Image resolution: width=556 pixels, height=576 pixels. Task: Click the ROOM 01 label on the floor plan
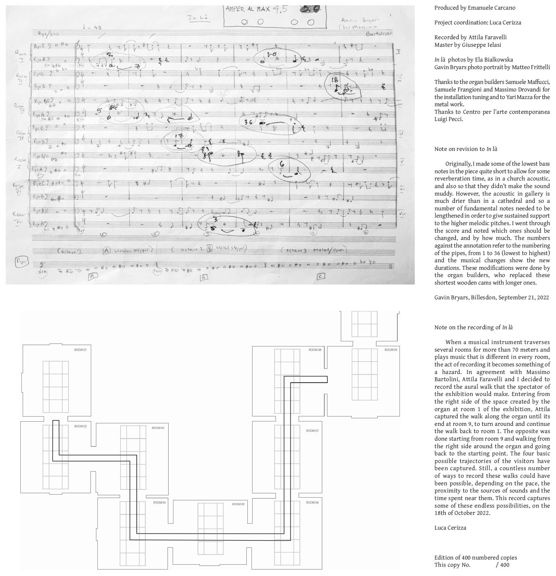tap(80, 350)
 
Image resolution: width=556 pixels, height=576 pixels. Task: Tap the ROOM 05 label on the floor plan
tap(238, 504)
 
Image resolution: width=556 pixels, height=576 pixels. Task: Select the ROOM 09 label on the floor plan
tap(391, 350)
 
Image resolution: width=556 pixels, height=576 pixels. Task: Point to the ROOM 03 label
tap(158, 428)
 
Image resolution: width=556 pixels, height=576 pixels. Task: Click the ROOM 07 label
tap(312, 431)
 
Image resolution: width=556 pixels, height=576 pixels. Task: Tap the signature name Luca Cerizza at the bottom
tap(450, 528)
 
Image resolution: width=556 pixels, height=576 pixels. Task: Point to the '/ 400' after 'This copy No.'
tap(503, 565)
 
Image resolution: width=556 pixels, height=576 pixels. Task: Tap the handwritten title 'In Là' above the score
tap(194, 18)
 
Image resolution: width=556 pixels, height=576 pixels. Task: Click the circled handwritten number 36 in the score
tap(248, 122)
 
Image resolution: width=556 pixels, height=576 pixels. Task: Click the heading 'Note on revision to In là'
tap(466, 149)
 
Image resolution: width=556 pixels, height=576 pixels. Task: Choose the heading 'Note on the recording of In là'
tap(473, 327)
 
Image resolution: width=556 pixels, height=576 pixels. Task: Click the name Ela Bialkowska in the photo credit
tap(494, 59)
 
